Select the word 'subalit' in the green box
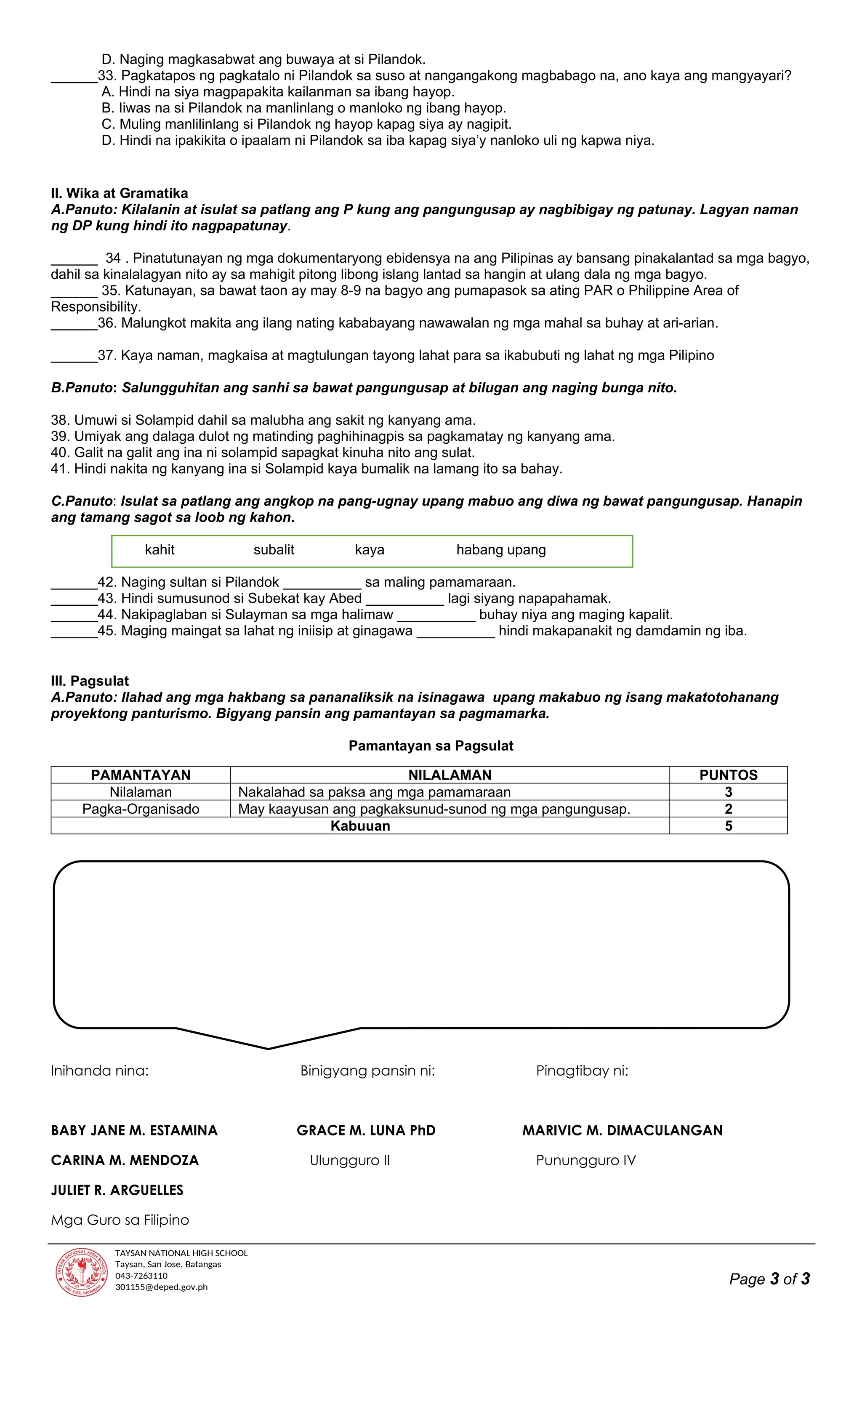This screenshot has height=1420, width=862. [274, 550]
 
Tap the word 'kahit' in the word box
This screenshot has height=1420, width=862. [160, 550]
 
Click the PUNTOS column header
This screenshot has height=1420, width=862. [728, 775]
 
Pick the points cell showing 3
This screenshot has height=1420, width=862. [728, 792]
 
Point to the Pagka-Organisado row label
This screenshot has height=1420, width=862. [141, 809]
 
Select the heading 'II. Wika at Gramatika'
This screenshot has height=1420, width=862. [119, 193]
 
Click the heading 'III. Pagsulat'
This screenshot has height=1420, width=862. [90, 681]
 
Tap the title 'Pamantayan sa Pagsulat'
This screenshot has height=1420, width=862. [431, 746]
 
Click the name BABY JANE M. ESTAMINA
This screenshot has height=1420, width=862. [134, 1130]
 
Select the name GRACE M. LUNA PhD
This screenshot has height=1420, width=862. [366, 1130]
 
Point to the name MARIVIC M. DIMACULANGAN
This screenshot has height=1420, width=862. [623, 1130]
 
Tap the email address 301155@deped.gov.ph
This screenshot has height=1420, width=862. [161, 1287]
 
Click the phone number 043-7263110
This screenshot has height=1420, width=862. [141, 1275]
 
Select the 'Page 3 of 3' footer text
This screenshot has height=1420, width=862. [769, 1279]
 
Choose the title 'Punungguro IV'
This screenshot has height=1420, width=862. [585, 1160]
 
